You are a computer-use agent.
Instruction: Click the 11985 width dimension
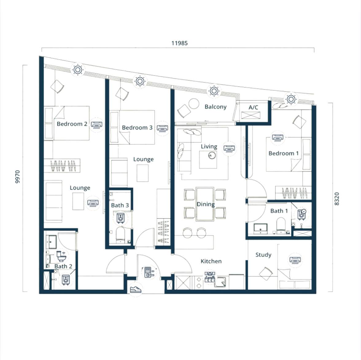pos(179,43)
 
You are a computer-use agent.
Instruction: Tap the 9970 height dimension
pos(17,177)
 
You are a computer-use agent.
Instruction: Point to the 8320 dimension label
pos(336,199)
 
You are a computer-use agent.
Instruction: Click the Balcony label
pos(215,107)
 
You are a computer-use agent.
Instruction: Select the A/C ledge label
pos(253,107)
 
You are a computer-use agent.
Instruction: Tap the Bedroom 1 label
pos(283,153)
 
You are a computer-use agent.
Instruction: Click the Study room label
pos(263,255)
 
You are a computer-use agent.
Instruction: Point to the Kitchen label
pos(211,261)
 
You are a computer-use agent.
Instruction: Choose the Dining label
pos(206,204)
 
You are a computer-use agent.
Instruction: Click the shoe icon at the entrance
pos(135,289)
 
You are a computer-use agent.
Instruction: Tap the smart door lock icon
pos(149,272)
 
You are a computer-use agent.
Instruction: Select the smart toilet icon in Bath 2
pos(61,256)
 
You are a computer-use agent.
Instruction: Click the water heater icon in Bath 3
pos(121,218)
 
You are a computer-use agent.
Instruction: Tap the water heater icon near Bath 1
pos(301,214)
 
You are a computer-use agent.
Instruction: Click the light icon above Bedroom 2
pos(78,70)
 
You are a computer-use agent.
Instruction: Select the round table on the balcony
pos(194,104)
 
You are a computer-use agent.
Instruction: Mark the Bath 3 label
pos(120,205)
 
